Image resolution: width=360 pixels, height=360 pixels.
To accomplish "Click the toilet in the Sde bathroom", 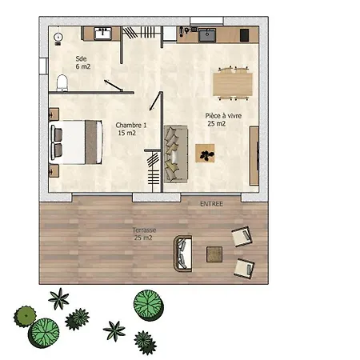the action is (x=62, y=82).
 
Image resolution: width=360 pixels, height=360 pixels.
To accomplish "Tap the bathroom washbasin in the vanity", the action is (x=102, y=34).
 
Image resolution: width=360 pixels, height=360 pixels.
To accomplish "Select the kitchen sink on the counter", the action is (x=207, y=35).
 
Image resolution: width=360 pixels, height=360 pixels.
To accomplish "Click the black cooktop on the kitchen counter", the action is (x=244, y=35).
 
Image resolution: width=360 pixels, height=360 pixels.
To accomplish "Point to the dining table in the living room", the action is (x=233, y=84).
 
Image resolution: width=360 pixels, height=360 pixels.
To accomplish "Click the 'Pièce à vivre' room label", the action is (x=223, y=116).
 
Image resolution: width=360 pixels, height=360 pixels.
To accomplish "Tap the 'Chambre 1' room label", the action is (x=131, y=125).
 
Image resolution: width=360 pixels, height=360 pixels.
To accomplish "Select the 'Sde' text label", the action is (x=81, y=58).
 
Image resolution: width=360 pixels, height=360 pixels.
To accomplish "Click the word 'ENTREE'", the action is (x=211, y=204).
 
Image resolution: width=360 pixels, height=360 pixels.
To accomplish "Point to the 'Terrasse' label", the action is (x=144, y=230).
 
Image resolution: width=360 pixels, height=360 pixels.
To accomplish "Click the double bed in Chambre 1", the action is (x=76, y=142).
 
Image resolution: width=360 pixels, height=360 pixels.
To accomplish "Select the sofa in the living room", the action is (x=176, y=154).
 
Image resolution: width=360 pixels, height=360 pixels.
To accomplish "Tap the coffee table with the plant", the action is (x=205, y=153).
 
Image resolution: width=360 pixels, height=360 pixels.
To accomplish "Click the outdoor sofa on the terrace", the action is (x=183, y=254).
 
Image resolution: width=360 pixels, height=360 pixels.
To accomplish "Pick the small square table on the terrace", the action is (x=214, y=254).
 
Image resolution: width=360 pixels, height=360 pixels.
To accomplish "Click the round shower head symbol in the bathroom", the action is (x=58, y=37).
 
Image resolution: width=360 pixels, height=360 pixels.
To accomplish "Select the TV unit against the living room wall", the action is (x=254, y=156).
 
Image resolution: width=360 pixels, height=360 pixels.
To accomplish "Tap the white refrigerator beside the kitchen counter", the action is (x=170, y=34).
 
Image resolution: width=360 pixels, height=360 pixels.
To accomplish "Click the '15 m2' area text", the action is (x=127, y=133).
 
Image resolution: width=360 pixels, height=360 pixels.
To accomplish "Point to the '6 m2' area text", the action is (x=83, y=66).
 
